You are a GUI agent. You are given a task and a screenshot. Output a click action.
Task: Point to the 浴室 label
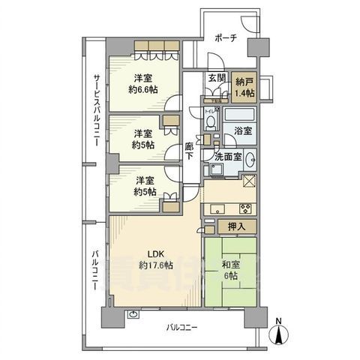pos(241,130)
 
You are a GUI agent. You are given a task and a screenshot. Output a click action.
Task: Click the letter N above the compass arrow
pos(278,322)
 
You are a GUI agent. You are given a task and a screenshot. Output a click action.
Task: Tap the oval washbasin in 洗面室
pos(250,159)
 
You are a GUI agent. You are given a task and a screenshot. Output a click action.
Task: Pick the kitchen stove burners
pos(244,207)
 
